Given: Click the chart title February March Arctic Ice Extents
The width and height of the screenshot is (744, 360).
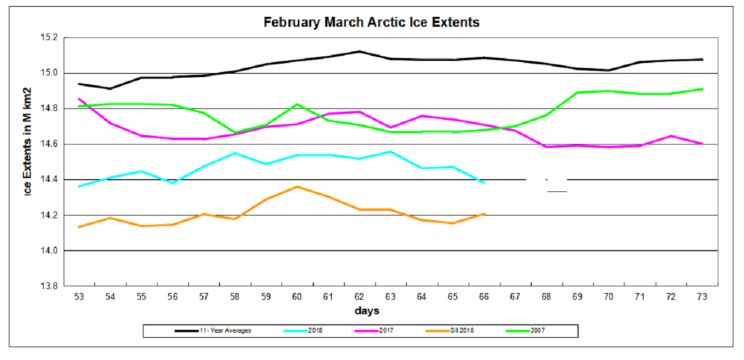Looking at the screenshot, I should [x=371, y=23].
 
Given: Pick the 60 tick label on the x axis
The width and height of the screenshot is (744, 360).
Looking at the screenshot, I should [x=297, y=297].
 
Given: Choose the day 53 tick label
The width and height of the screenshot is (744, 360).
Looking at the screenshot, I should [x=79, y=297].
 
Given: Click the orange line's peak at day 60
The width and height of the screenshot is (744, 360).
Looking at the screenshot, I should [x=297, y=187].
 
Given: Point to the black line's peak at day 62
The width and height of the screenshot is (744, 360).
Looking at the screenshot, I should [x=360, y=51].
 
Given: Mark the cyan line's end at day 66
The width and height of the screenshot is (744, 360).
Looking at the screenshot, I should [x=484, y=183].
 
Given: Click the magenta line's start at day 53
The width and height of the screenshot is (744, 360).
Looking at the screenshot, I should [x=79, y=99].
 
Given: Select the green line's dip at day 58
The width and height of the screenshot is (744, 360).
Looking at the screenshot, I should [x=234, y=133].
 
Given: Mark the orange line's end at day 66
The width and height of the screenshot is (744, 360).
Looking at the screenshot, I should [x=484, y=214].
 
